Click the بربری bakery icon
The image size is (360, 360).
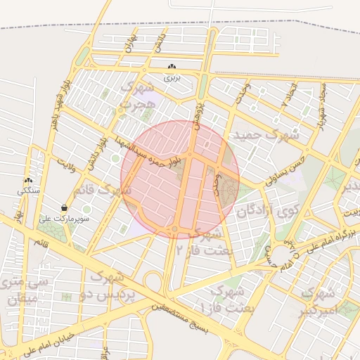tap(172, 67)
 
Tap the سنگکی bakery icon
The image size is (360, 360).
tap(28, 181)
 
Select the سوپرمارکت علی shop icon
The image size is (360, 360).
tap(65, 208)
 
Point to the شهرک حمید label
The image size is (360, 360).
tap(267, 133)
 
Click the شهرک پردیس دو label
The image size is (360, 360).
tap(108, 282)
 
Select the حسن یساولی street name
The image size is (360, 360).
tap(284, 171)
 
